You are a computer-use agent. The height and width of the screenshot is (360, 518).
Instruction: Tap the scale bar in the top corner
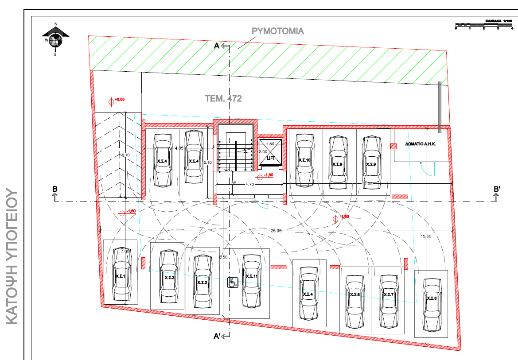click(x=484, y=25)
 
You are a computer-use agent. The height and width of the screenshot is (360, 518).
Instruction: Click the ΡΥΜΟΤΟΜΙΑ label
click(x=278, y=31)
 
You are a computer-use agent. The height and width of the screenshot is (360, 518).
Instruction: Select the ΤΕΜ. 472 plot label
click(x=223, y=99)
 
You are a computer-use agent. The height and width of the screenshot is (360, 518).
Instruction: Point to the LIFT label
click(x=270, y=158)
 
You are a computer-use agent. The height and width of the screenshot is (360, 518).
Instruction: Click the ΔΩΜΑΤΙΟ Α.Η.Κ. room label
click(x=421, y=144)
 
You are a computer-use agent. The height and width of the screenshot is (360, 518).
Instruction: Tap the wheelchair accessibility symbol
click(x=232, y=282)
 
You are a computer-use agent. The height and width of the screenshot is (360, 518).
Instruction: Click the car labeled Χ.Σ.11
click(x=251, y=280)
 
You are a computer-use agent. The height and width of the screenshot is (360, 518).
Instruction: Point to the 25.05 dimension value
click(x=276, y=231)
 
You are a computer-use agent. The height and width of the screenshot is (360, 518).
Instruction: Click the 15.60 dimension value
click(x=426, y=236)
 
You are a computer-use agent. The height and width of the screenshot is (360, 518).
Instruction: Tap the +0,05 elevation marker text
click(x=119, y=100)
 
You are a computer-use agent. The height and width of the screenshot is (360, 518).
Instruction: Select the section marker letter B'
click(x=497, y=189)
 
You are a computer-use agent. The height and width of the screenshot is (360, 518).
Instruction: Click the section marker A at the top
click(x=217, y=46)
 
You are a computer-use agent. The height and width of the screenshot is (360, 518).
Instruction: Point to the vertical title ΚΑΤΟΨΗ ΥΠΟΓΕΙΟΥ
click(x=12, y=256)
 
